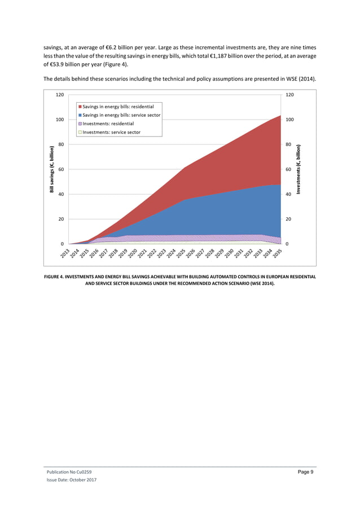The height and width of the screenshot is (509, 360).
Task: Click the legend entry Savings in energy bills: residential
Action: point(118,106)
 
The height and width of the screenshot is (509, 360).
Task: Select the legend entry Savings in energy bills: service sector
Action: point(121,115)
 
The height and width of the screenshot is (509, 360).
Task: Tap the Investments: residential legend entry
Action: point(108,124)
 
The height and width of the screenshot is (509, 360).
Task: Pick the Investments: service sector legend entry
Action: point(112,133)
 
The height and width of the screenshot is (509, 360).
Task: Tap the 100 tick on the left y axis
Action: point(59,120)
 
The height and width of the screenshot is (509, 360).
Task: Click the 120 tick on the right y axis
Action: point(292,95)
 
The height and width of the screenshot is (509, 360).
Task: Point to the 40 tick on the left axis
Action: point(60,194)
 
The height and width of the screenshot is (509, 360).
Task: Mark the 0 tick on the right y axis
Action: point(288,244)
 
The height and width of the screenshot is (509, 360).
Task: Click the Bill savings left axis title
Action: point(51,169)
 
